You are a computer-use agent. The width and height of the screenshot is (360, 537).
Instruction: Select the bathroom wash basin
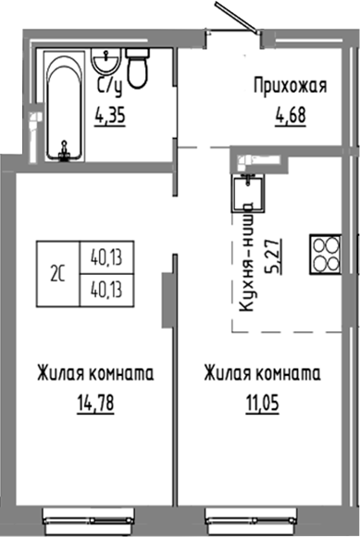click(106, 65)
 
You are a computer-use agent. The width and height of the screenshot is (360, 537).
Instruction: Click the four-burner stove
click(327, 253)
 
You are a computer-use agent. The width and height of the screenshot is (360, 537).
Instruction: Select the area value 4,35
click(111, 117)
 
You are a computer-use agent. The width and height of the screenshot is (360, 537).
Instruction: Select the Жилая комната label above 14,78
click(95, 375)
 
